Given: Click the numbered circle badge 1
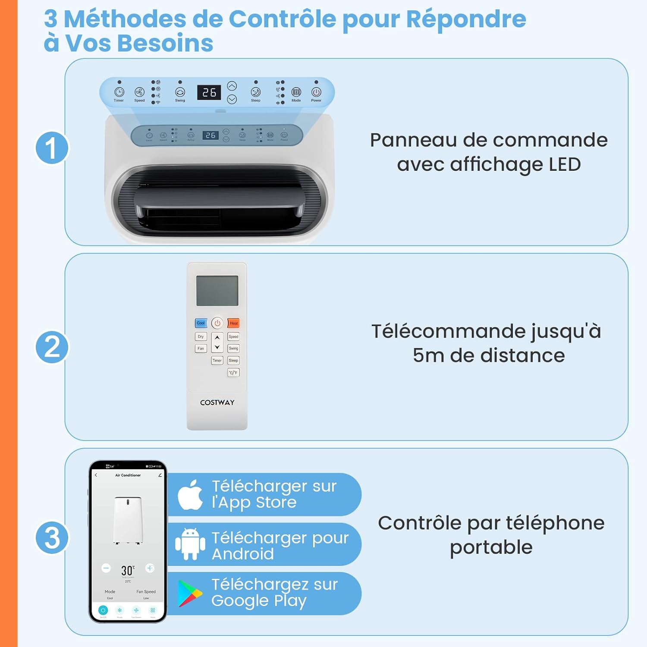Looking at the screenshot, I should tap(52, 148).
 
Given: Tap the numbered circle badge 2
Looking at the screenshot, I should tap(52, 347).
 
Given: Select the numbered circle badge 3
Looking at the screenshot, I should tap(52, 537).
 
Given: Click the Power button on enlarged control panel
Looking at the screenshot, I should tap(316, 92).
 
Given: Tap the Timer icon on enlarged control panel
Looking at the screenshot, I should tap(119, 92).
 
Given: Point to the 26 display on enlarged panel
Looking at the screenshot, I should tap(209, 92).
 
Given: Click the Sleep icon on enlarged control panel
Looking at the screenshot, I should tap(256, 92).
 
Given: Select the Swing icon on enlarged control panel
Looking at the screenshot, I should tap(180, 92).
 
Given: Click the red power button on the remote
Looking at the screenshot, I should tap(217, 323).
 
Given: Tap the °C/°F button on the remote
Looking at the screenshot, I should tap(233, 373).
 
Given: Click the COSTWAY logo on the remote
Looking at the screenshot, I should tap(217, 402).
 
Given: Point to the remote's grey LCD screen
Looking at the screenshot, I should tap(217, 291).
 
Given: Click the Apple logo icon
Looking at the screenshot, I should tap(190, 495).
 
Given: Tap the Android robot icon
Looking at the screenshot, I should tap(190, 544).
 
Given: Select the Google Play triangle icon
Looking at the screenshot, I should tap(190, 594).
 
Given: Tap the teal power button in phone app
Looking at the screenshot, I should tap(103, 610).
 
